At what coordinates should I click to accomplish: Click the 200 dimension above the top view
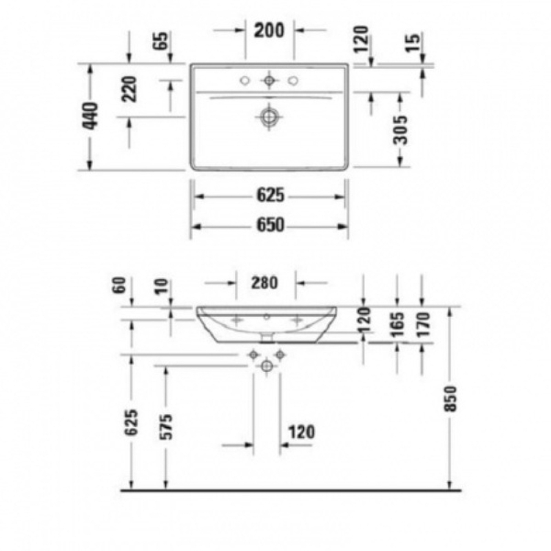coord(269,30)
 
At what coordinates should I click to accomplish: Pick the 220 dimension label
coord(129,89)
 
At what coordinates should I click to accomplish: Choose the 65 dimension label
coord(162,41)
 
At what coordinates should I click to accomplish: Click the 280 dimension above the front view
coord(264,282)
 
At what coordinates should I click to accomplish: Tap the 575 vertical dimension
coord(166,427)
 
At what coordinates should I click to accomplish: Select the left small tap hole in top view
coord(245,81)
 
